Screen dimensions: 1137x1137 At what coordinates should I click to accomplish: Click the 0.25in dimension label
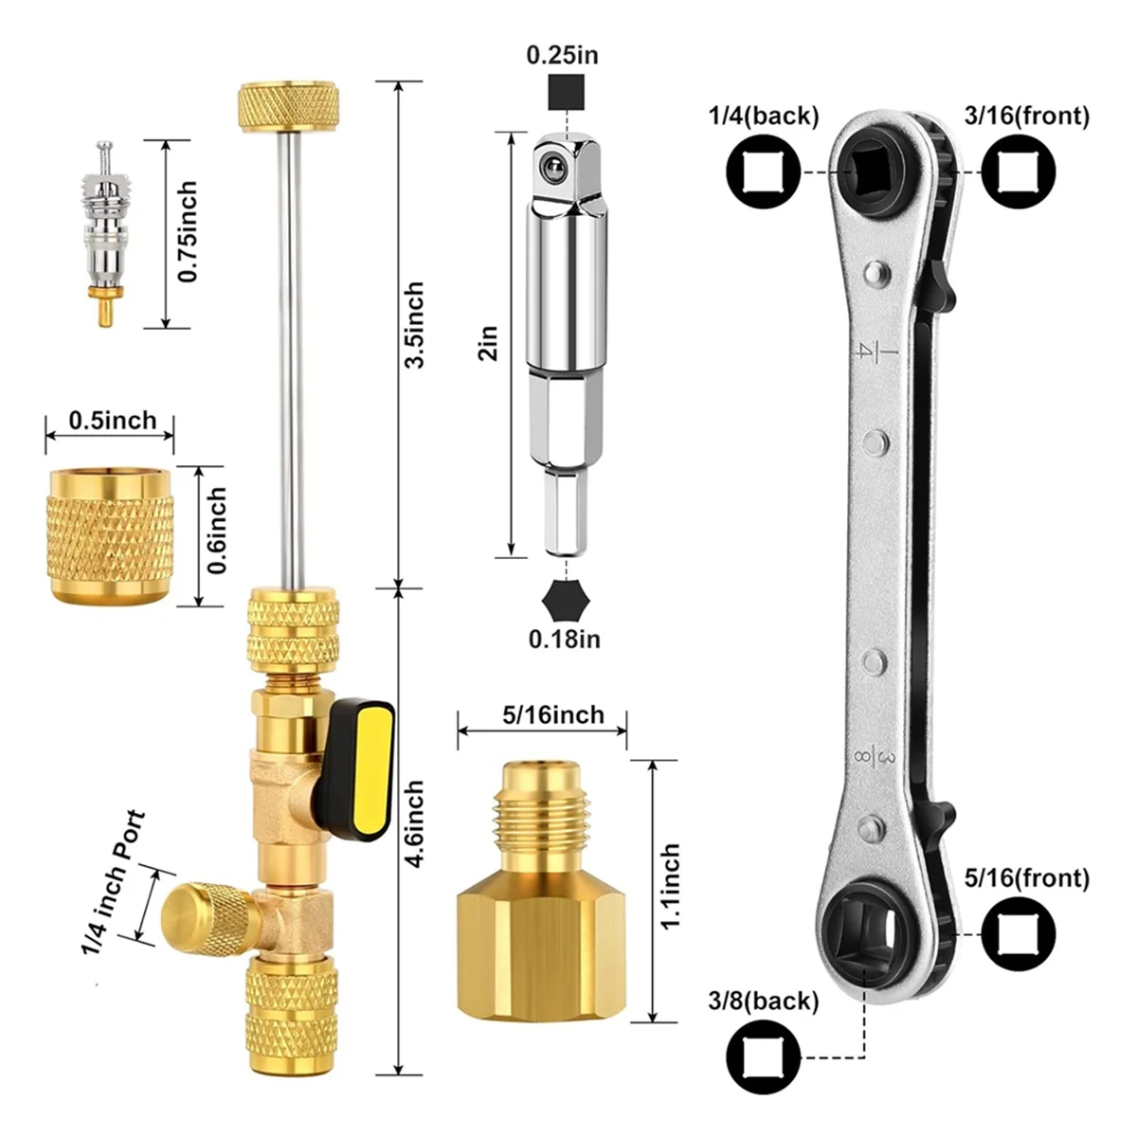(562, 55)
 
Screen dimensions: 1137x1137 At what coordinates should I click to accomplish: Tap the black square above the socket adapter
(566, 92)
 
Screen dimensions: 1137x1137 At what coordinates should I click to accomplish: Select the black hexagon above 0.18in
(566, 599)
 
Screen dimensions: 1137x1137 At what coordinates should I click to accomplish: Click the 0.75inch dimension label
(188, 231)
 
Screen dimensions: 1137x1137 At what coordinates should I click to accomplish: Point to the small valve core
(105, 233)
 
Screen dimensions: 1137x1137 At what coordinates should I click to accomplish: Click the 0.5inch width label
(113, 420)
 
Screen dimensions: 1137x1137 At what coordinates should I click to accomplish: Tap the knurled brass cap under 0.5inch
(110, 535)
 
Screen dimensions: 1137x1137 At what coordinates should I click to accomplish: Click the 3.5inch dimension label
(414, 325)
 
